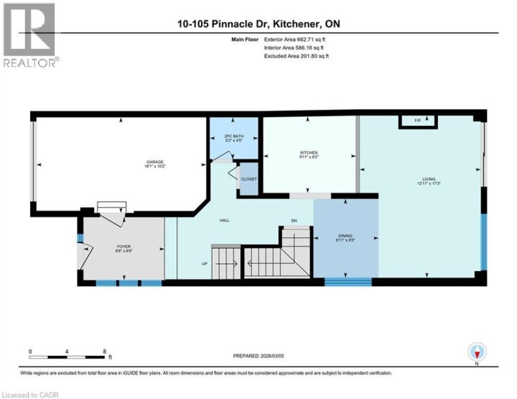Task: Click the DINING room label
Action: click(345, 236)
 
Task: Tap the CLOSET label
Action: click(248, 179)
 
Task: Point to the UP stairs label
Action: click(205, 264)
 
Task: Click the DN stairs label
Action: click(293, 221)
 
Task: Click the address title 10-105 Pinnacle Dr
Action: click(258, 24)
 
